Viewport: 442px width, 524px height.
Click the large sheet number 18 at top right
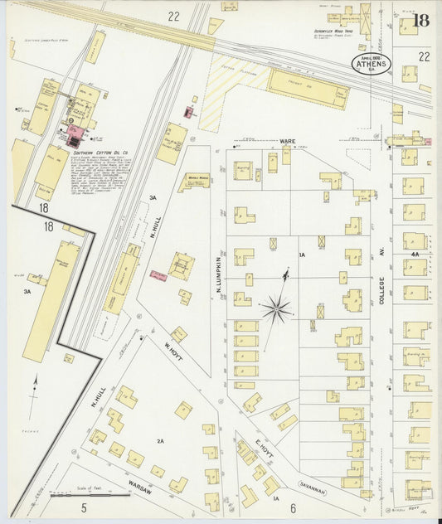click(420, 20)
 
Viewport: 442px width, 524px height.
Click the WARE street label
click(288, 142)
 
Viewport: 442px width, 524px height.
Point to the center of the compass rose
click(276, 310)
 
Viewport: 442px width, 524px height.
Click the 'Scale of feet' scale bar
click(80, 495)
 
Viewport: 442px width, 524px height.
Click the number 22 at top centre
click(173, 16)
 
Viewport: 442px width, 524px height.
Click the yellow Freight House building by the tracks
click(308, 87)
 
